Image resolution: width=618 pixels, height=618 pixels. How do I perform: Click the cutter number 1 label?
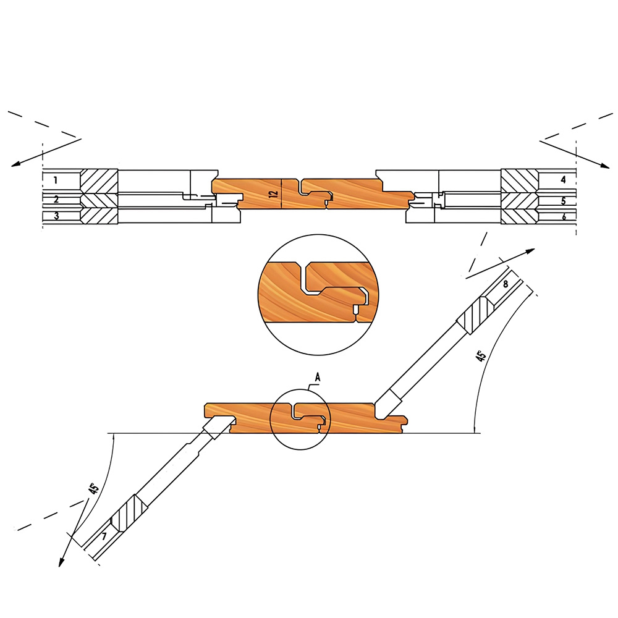(56, 180)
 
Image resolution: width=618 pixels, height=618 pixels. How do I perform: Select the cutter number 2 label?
(56, 200)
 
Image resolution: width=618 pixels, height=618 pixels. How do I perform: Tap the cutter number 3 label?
(56, 216)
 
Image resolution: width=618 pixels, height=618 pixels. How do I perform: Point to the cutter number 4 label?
(563, 180)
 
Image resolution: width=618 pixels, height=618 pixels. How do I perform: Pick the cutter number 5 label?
(563, 201)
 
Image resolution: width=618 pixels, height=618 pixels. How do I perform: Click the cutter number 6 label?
(564, 217)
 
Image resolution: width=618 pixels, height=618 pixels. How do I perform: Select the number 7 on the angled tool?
(104, 536)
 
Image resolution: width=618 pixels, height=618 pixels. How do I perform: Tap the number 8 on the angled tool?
(506, 284)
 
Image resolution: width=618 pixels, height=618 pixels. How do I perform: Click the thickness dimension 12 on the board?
(275, 193)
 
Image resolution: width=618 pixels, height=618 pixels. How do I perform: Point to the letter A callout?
(317, 378)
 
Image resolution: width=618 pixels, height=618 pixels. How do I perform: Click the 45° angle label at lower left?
(93, 489)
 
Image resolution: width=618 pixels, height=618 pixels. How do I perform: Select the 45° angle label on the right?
(480, 356)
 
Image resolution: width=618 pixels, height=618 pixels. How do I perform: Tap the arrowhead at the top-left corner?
(15, 164)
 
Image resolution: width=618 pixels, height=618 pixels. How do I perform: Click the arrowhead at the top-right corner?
(605, 166)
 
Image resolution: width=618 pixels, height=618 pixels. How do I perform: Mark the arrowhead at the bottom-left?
(61, 562)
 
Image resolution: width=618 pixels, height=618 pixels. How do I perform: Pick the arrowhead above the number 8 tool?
(530, 251)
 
